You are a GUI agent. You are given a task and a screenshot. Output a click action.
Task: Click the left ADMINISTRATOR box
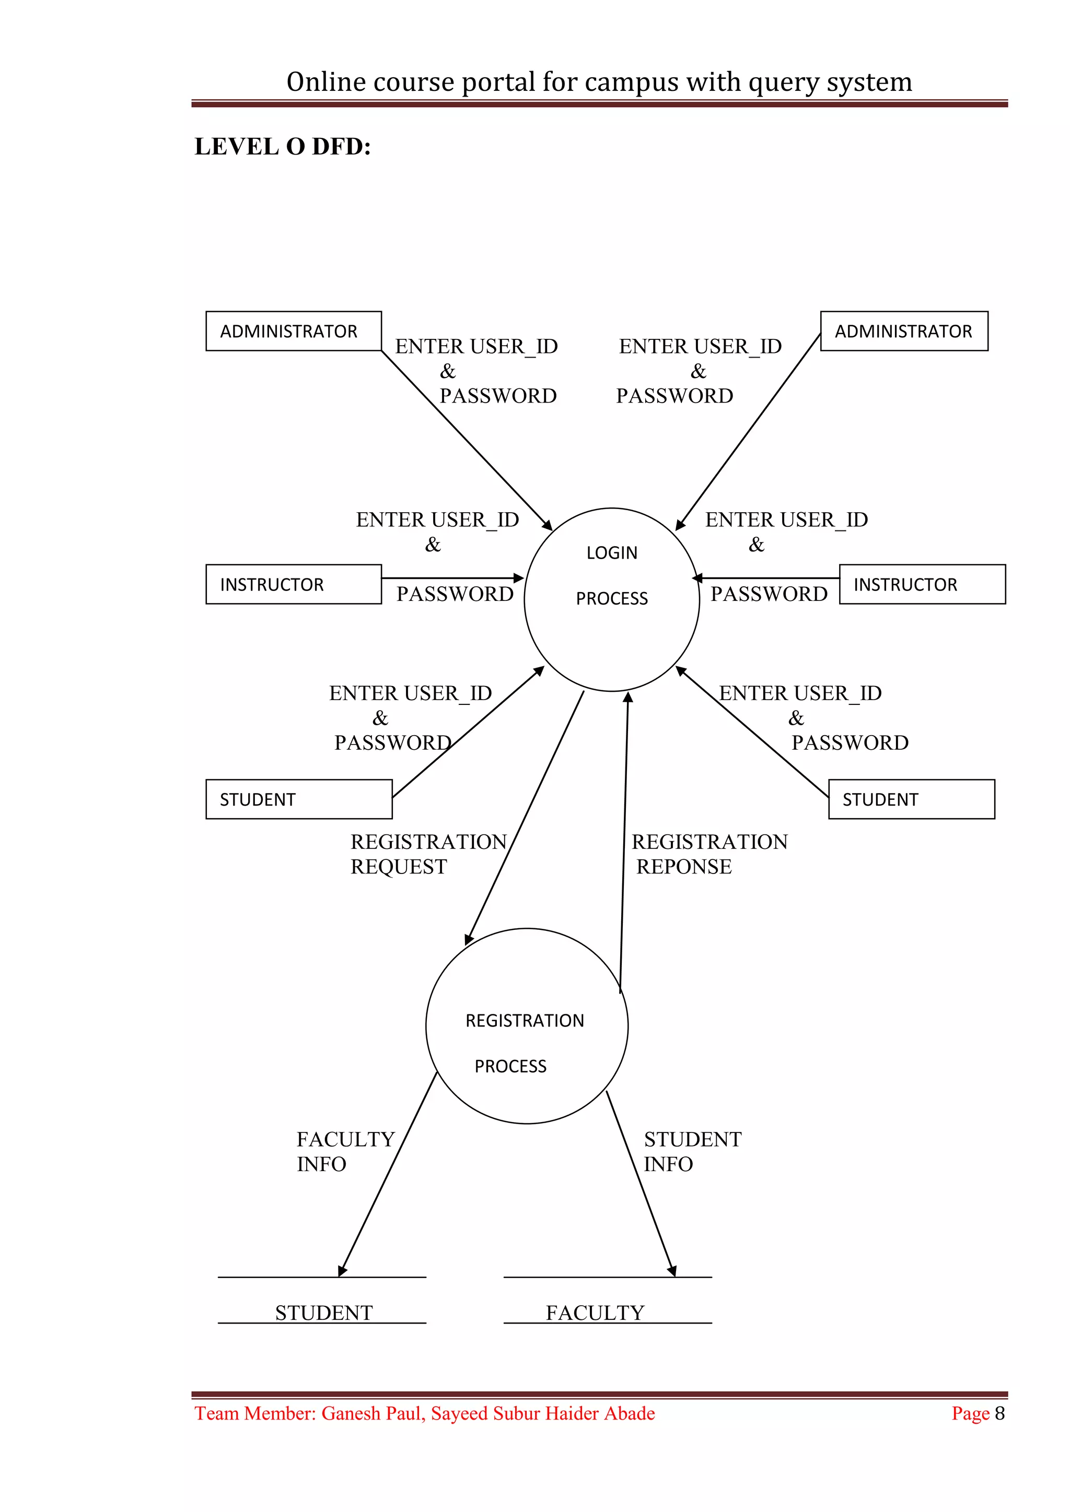293,331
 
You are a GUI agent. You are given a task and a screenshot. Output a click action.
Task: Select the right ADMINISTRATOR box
903,331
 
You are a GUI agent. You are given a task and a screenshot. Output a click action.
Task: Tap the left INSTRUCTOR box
293,584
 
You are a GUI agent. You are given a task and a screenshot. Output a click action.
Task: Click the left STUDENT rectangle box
298,799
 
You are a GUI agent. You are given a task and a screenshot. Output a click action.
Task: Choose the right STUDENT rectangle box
911,799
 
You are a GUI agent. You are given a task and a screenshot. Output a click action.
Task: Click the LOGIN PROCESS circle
611,599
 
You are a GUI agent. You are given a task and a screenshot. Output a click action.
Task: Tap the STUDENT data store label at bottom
323,1313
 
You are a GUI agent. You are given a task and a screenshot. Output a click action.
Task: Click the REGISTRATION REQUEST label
428,854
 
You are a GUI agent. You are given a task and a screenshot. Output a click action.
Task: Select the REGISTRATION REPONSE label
709,854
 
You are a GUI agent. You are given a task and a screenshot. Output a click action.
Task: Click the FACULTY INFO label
345,1152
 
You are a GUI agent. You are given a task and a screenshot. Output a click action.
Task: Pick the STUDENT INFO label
692,1152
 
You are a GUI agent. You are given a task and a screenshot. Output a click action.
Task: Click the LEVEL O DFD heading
283,147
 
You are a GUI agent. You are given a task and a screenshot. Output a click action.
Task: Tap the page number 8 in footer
999,1413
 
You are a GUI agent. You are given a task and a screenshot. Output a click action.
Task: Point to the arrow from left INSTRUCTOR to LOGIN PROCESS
452,578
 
